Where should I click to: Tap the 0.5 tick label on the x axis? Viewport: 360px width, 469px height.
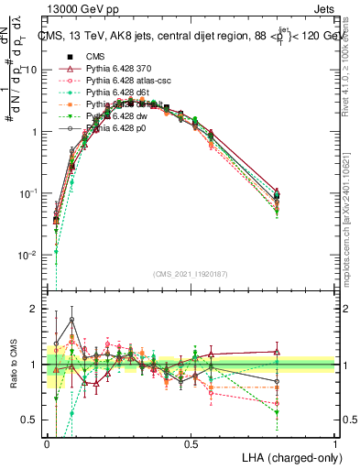point(191,444)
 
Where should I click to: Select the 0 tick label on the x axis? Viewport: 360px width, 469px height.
point(47,444)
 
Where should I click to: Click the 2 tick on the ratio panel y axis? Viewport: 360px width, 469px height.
point(33,309)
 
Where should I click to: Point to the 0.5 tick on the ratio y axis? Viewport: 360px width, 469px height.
point(31,420)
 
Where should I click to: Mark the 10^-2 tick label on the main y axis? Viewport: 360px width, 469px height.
point(27,255)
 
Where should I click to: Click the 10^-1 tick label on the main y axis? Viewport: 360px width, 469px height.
point(27,193)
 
